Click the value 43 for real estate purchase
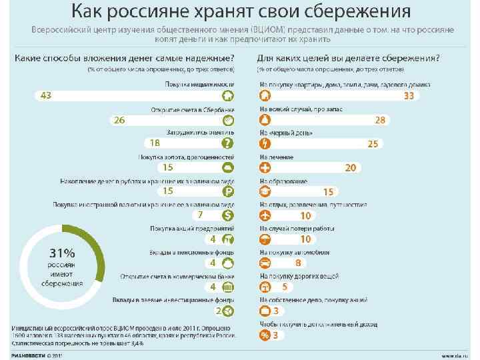[x=46, y=96]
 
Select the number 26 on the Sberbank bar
[x=119, y=120]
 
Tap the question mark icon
[x=227, y=143]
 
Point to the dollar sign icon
[x=227, y=215]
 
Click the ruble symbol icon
[x=227, y=191]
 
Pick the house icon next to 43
[x=227, y=96]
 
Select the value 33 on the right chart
[x=409, y=96]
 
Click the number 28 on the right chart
[x=380, y=120]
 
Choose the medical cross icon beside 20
[x=265, y=168]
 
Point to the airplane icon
[x=265, y=215]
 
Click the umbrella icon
[x=265, y=239]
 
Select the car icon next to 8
[x=265, y=263]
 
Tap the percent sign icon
[x=265, y=335]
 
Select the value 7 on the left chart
[x=200, y=215]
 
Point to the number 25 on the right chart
[x=373, y=144]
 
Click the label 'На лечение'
[x=275, y=157]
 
